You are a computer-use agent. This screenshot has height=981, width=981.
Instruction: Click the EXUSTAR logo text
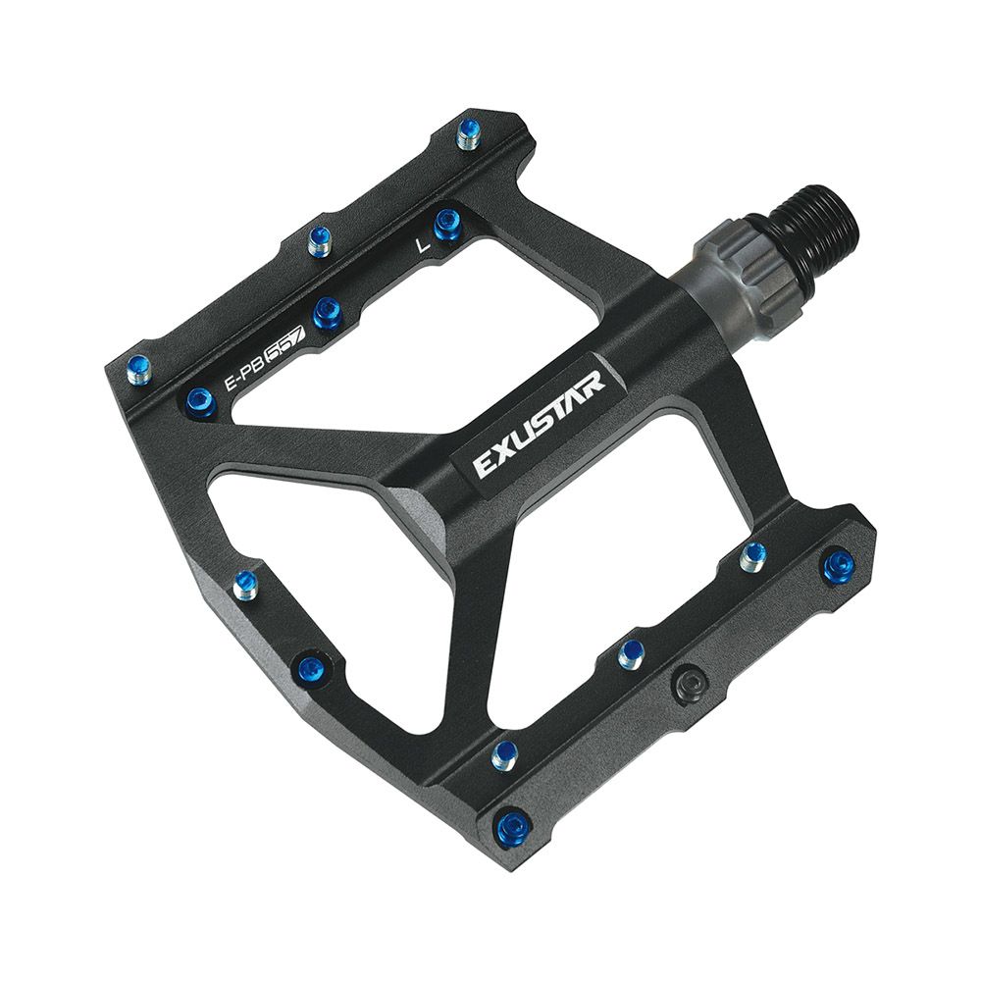pos(539,424)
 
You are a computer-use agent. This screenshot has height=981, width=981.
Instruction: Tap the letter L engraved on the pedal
pos(424,244)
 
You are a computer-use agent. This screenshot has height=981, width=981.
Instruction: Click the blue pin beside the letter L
pos(447,224)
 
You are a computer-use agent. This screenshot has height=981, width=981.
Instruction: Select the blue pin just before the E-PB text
pos(201,400)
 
